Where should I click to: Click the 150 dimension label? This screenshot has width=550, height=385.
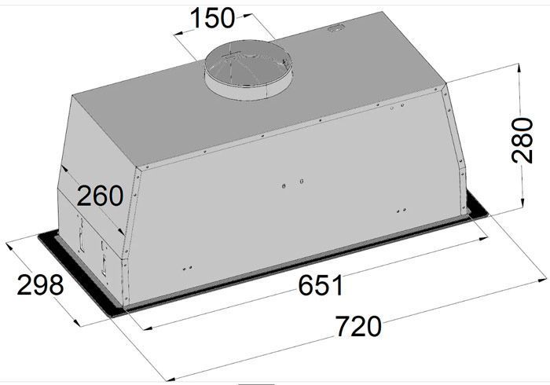(x=212, y=18)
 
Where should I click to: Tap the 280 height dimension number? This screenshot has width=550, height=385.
(x=522, y=141)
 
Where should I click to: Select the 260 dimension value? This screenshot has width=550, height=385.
(x=100, y=196)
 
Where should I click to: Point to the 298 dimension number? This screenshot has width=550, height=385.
(x=40, y=284)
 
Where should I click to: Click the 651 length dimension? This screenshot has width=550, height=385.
(x=321, y=285)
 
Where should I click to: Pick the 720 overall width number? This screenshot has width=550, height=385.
(x=358, y=326)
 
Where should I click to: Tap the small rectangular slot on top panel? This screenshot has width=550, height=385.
(x=336, y=29)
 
